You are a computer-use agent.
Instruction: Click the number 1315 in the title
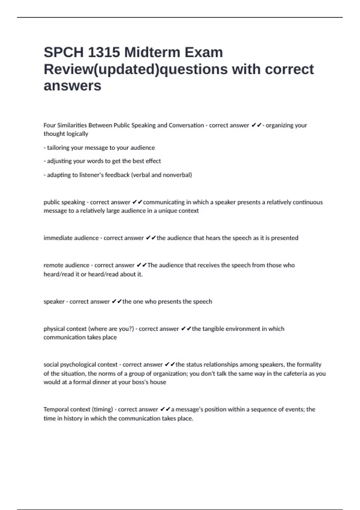(x=104, y=52)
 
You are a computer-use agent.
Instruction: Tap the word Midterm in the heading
(x=152, y=52)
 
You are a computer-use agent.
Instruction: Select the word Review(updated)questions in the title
(x=136, y=69)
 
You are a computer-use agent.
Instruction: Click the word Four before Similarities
(x=49, y=125)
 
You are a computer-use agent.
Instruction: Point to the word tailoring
(x=58, y=148)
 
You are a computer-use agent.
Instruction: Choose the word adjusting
(x=60, y=161)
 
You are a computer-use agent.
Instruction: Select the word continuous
(x=307, y=202)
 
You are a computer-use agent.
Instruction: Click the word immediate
(x=56, y=238)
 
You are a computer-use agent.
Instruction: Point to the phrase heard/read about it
(x=115, y=274)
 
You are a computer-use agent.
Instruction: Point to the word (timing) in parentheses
(x=102, y=409)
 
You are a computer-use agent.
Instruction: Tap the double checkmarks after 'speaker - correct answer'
(x=116, y=301)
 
